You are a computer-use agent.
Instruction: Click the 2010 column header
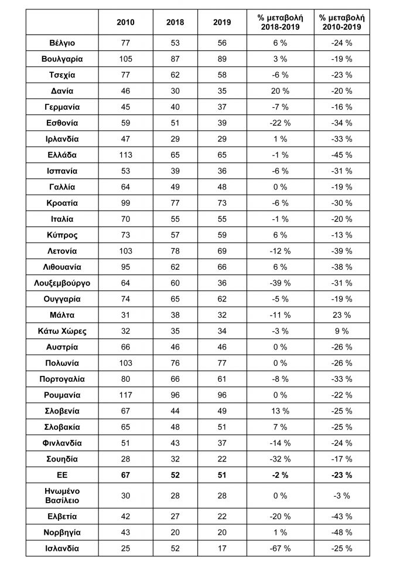pyautogui.click(x=125, y=22)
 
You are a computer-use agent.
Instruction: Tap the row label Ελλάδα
pyautogui.click(x=63, y=155)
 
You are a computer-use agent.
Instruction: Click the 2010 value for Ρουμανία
pyautogui.click(x=125, y=395)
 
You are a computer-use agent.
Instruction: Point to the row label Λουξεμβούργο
pyautogui.click(x=63, y=283)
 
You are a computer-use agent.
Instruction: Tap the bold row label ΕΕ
pyautogui.click(x=63, y=474)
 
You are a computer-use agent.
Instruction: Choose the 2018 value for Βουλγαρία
pyautogui.click(x=174, y=59)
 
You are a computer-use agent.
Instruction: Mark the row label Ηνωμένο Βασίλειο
pyautogui.click(x=63, y=496)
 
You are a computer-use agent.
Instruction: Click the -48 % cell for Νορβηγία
pyautogui.click(x=341, y=533)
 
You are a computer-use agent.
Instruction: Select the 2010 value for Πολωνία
pyautogui.click(x=125, y=363)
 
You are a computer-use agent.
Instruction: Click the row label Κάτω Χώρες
pyautogui.click(x=63, y=331)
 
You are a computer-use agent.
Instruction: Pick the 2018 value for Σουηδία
pyautogui.click(x=174, y=459)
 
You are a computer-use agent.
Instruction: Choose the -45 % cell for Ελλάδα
pyautogui.click(x=341, y=155)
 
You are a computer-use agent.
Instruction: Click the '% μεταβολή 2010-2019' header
pyautogui.click(x=341, y=22)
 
